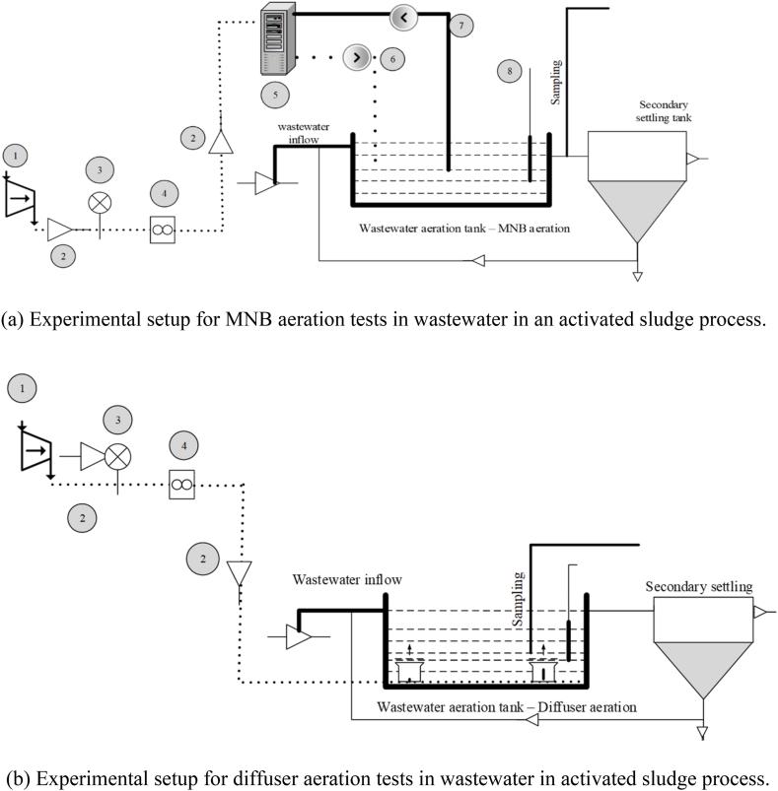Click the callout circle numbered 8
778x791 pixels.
(509, 71)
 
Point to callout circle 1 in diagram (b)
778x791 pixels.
(22, 388)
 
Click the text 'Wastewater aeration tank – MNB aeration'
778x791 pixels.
(465, 229)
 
